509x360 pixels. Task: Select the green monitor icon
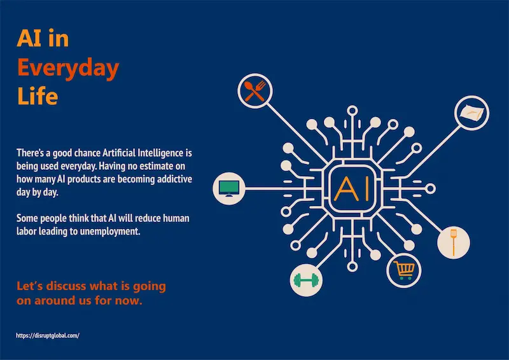click(229, 188)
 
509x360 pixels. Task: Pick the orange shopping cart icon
click(403, 270)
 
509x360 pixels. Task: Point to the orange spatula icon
click(454, 242)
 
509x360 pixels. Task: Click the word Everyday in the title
click(67, 68)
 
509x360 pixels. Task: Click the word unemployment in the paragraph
click(113, 232)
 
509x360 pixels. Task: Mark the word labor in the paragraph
click(28, 232)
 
